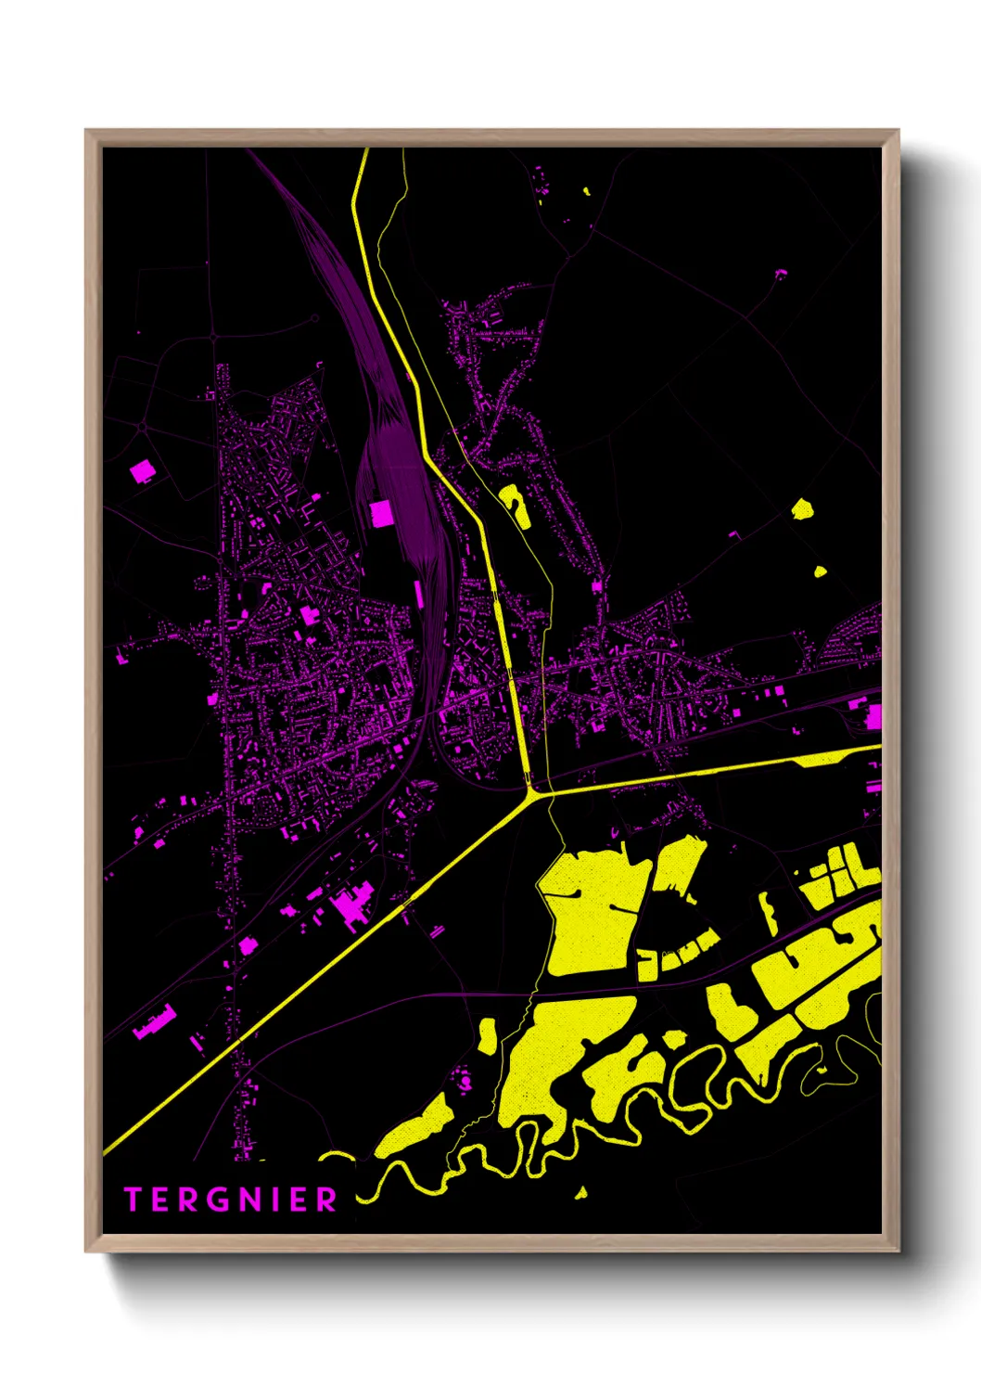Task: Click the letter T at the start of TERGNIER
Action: [133, 1200]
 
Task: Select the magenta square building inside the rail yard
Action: [381, 513]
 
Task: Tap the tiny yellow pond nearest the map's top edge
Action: [586, 193]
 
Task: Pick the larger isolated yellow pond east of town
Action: [802, 508]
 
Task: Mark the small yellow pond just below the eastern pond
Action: [820, 571]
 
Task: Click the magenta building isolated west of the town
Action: [142, 471]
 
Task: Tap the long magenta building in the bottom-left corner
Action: [156, 1022]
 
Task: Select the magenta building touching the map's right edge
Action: [874, 715]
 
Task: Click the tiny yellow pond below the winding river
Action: [581, 1192]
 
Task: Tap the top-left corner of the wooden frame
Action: [86, 131]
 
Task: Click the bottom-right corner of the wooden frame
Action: [898, 1251]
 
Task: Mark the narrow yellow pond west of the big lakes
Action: [487, 1034]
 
